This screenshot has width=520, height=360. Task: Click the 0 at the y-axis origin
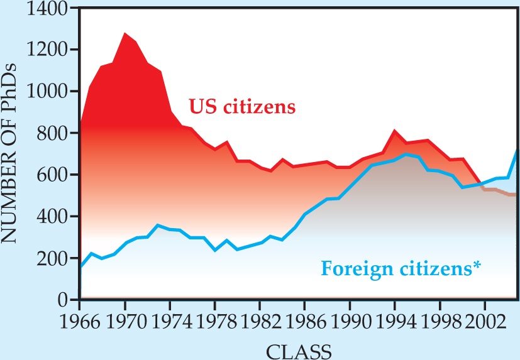tap(64, 300)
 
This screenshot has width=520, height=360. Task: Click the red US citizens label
tap(242, 106)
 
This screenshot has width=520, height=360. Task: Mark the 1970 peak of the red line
tap(125, 33)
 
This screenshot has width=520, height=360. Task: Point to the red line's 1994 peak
tap(394, 131)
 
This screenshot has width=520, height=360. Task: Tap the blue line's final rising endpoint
tap(517, 148)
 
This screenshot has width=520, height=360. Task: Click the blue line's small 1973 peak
tap(158, 225)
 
